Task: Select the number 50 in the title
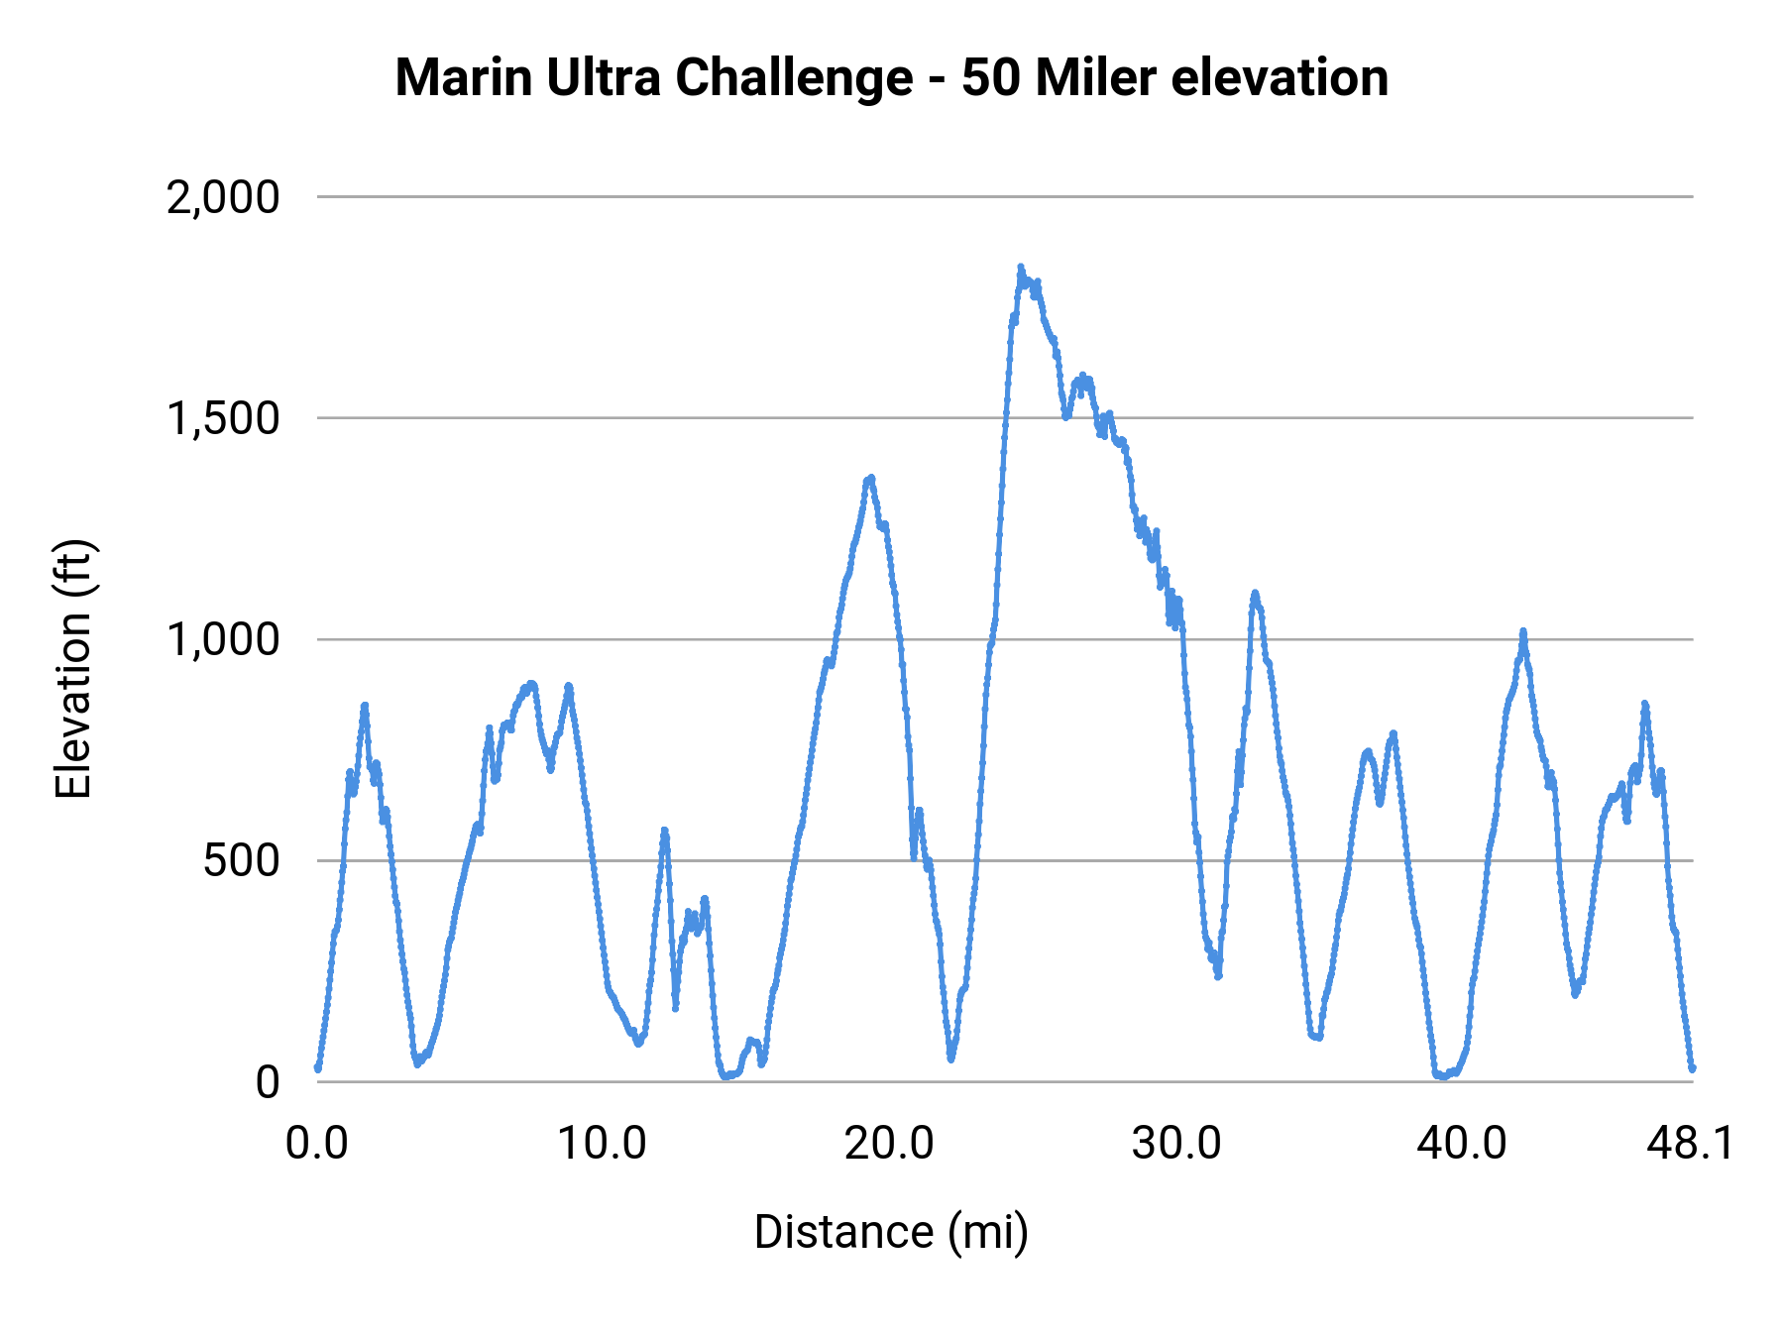point(990,77)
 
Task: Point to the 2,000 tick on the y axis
point(223,197)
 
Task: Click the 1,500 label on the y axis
point(223,418)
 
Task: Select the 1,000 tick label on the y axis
point(223,639)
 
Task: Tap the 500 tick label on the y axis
point(241,860)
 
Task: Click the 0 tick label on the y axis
point(268,1081)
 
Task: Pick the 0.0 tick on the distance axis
point(317,1143)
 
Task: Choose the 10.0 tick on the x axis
point(602,1143)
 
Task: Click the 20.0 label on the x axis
point(889,1143)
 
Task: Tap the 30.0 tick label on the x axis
point(1176,1143)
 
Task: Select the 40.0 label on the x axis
point(1462,1143)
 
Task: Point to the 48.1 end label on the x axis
point(1690,1143)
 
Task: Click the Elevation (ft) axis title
point(73,669)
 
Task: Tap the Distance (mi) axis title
point(891,1232)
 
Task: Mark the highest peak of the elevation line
point(1020,268)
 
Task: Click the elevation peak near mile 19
point(870,479)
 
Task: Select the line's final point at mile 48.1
point(1692,1068)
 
